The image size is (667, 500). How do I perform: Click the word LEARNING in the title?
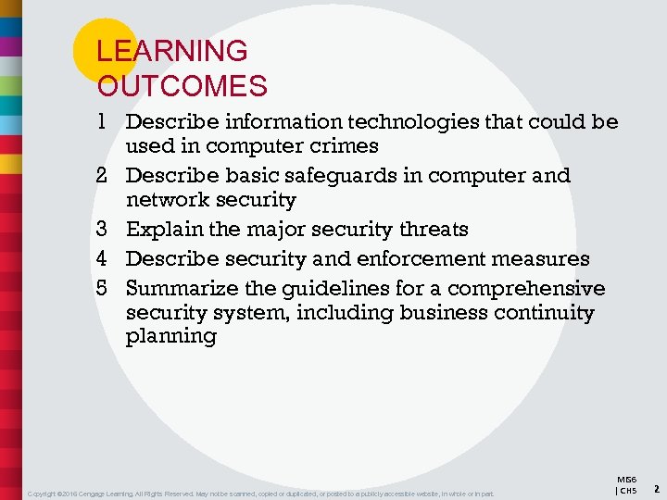point(172,51)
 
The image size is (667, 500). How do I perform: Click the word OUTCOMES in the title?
point(182,86)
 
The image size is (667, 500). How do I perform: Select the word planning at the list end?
point(170,337)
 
